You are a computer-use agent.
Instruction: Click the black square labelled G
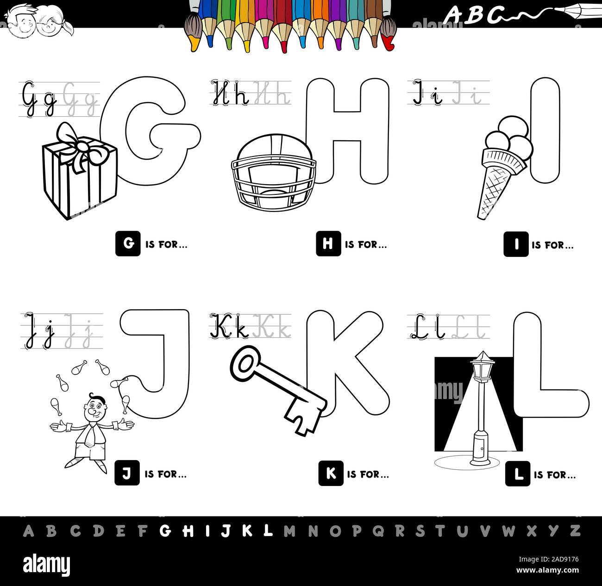coord(127,244)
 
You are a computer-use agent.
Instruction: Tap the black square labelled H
coord(328,244)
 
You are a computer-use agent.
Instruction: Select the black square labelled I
coord(516,244)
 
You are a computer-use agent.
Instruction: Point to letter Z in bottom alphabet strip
coord(574,530)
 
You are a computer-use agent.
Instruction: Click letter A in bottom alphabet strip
coord(29,531)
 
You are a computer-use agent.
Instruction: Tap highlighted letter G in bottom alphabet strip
coord(165,531)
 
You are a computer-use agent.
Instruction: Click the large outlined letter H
coord(347,130)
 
